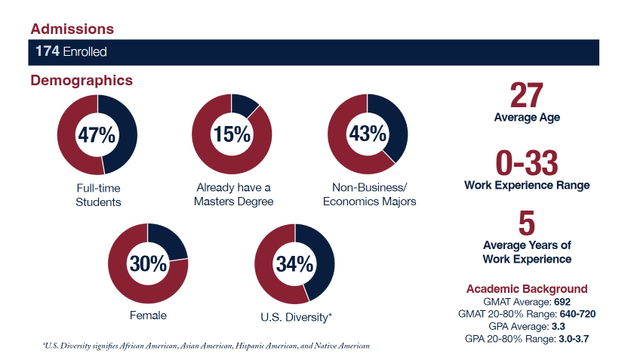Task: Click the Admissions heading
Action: (x=72, y=29)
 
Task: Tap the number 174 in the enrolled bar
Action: (x=48, y=52)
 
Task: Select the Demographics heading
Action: (x=82, y=80)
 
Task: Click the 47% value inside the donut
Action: (x=97, y=136)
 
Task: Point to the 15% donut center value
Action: (x=232, y=135)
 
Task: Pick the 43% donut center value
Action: (x=368, y=135)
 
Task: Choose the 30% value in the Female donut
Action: (x=148, y=264)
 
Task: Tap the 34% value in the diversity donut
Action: (x=294, y=265)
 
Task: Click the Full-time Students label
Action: (x=98, y=195)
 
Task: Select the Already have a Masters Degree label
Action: (x=232, y=195)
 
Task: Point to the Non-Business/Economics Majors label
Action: (x=369, y=195)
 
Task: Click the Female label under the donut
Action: (x=148, y=315)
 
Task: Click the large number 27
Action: (x=527, y=95)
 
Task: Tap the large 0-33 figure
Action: (x=527, y=163)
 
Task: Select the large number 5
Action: (x=527, y=225)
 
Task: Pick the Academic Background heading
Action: (x=527, y=289)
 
